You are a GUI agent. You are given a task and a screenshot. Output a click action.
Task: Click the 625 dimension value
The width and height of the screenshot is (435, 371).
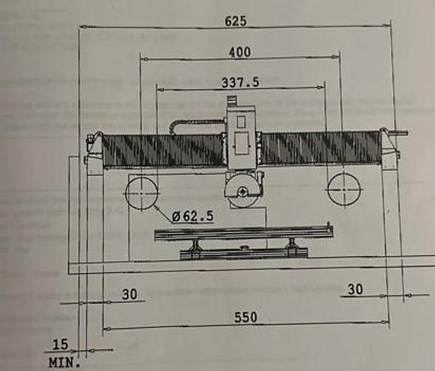[236, 21]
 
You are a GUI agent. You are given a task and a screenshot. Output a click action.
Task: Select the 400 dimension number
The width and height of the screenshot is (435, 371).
[239, 52]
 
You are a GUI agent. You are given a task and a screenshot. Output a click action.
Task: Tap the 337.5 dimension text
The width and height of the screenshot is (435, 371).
[240, 82]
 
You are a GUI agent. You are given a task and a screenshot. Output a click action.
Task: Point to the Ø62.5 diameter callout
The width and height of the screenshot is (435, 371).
[193, 216]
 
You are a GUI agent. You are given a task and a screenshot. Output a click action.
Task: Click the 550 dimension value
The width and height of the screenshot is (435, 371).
[246, 317]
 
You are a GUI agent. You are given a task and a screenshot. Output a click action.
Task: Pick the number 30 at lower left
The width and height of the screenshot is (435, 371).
[129, 295]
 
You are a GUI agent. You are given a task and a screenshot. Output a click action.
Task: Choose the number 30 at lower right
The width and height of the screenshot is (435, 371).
[355, 289]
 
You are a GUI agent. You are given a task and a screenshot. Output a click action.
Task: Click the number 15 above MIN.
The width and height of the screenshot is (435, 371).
[60, 344]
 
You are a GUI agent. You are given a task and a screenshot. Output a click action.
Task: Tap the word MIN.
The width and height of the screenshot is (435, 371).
[64, 363]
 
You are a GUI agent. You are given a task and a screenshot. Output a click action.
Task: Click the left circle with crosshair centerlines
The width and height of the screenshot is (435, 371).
[142, 193]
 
